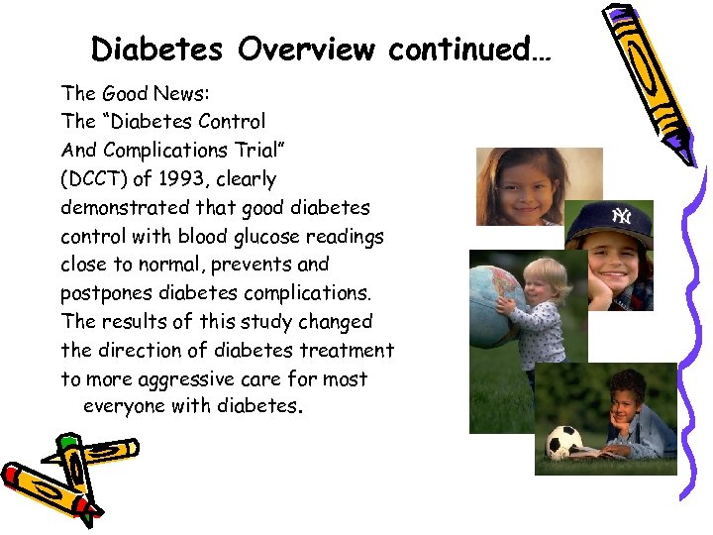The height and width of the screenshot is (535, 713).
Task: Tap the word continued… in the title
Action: (x=468, y=49)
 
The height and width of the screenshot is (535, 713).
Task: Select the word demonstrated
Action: (x=123, y=208)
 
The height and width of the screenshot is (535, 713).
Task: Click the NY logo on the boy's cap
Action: (x=621, y=216)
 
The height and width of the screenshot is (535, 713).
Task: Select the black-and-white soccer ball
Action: (x=564, y=442)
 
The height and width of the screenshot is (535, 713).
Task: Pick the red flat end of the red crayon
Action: (x=13, y=477)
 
